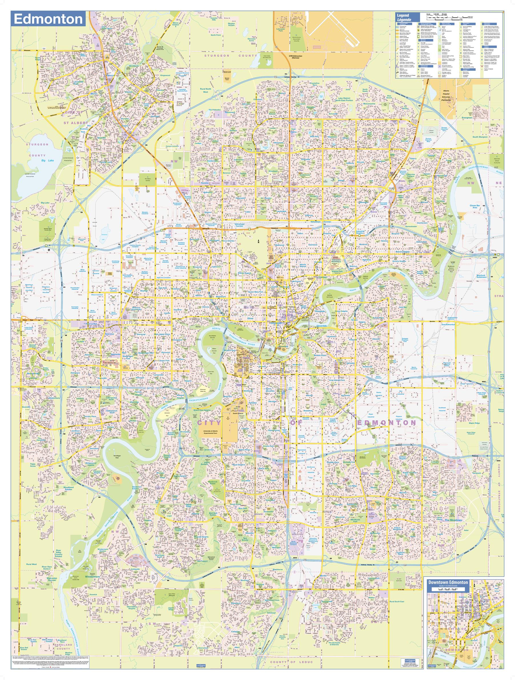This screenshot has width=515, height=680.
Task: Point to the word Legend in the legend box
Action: [403, 15]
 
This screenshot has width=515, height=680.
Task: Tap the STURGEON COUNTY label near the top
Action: [230, 55]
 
